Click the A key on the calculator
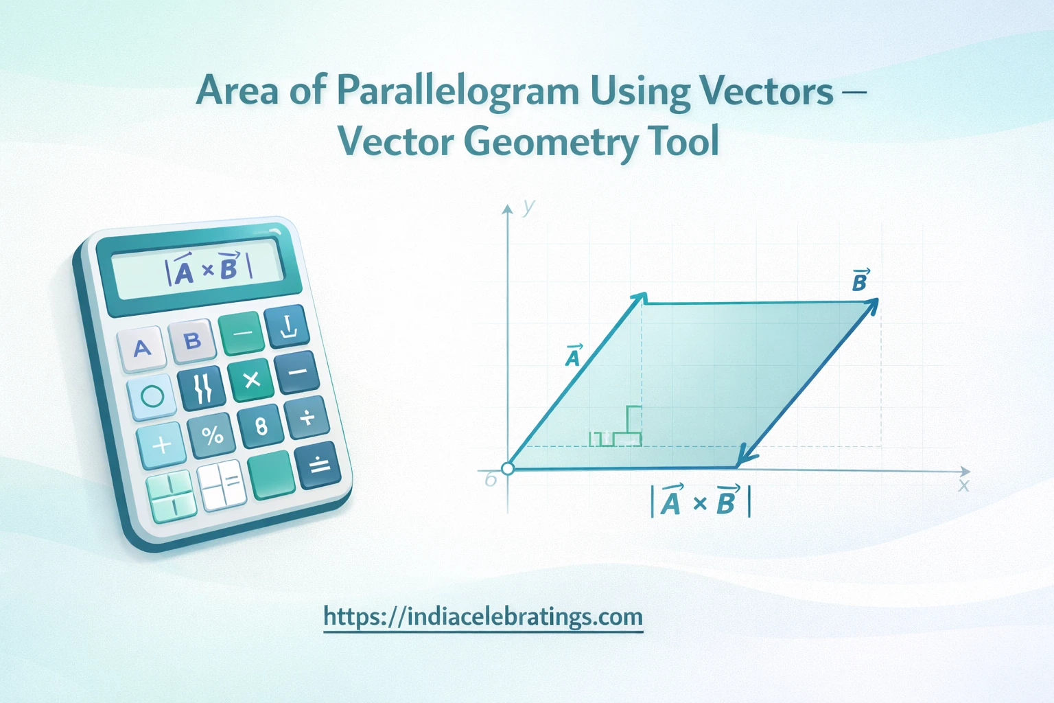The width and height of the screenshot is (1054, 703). [x=142, y=348]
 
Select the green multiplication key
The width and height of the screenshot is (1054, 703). [x=251, y=380]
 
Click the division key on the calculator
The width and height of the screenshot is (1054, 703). [x=307, y=417]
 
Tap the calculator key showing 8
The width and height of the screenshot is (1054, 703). [x=261, y=426]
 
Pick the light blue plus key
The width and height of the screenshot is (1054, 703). [x=161, y=446]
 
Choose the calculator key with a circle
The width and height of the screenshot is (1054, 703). [x=152, y=396]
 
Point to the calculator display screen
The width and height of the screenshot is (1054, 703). [x=200, y=270]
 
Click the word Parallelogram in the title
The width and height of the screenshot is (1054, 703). [x=458, y=92]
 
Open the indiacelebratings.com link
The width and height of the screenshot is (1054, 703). [x=483, y=616]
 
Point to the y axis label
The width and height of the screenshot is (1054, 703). [x=528, y=206]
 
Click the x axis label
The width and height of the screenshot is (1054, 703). [x=963, y=486]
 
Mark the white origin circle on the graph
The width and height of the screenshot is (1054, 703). [x=508, y=469]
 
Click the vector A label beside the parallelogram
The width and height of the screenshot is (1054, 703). [x=573, y=356]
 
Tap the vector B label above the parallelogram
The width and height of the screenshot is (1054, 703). [x=860, y=280]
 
